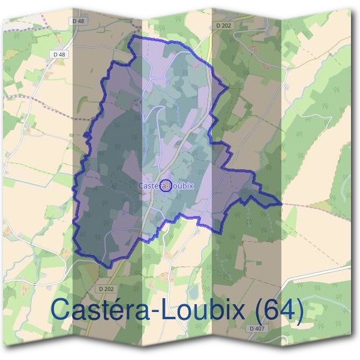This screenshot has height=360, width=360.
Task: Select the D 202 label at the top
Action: (x=223, y=25)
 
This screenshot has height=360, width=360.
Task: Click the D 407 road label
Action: (x=256, y=328)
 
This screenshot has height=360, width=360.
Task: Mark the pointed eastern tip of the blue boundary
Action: (x=281, y=204)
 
